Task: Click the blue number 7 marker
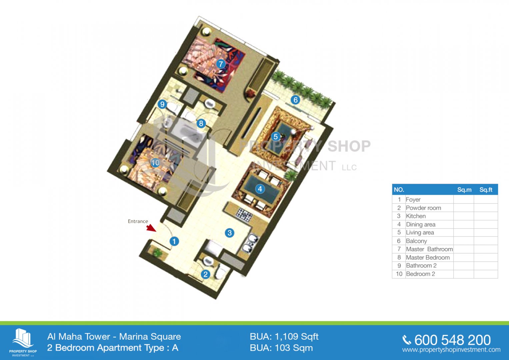220,64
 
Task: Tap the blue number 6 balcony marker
295,100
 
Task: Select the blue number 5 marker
276,137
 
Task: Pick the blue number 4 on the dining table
260,189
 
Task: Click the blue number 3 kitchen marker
230,233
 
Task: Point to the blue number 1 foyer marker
174,241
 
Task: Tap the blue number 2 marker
205,274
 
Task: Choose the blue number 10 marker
155,163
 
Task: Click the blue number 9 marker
162,104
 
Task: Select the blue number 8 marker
201,123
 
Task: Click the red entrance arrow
151,228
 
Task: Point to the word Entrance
138,221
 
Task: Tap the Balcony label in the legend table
416,241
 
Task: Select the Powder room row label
423,208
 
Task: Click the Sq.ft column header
486,190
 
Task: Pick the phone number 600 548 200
453,340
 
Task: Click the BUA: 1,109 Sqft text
284,337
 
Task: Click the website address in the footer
451,350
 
